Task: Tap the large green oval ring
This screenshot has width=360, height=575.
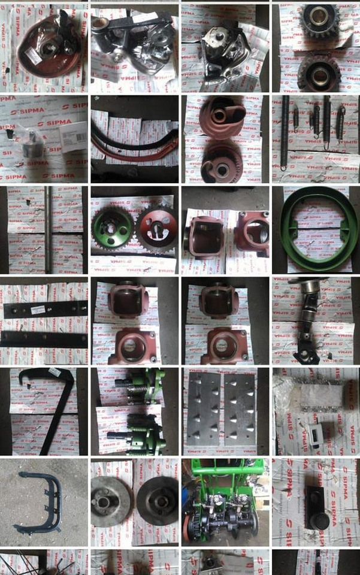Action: click(x=315, y=230)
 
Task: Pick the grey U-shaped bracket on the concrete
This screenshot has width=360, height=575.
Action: click(x=40, y=501)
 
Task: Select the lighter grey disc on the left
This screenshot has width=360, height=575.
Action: click(x=111, y=501)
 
